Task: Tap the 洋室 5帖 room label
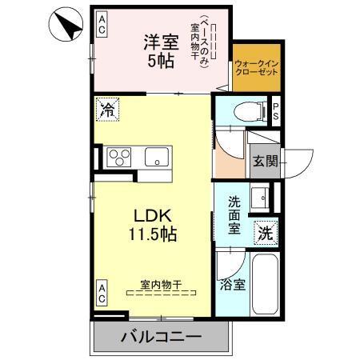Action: tap(159, 50)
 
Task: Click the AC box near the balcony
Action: tap(102, 293)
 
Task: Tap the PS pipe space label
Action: tap(276, 111)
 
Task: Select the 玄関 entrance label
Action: tap(265, 162)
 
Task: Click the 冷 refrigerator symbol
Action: tap(106, 110)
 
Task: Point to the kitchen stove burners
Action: tap(120, 155)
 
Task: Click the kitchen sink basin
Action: tap(158, 156)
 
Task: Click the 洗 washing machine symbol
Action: tap(265, 234)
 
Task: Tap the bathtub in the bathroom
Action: tap(265, 286)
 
